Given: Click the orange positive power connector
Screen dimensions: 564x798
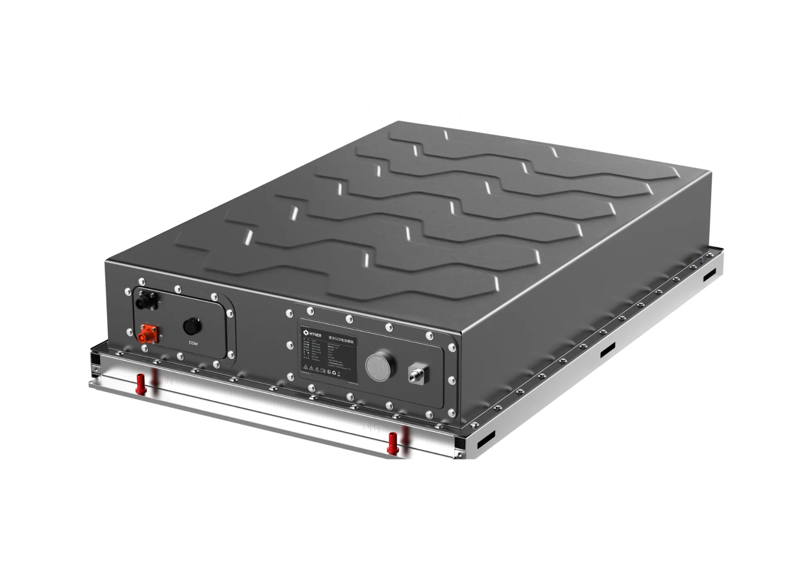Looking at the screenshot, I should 148,334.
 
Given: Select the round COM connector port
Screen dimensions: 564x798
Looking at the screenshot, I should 192,327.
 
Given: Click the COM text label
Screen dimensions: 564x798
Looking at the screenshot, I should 193,343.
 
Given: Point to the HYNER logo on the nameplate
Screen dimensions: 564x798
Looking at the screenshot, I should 313,334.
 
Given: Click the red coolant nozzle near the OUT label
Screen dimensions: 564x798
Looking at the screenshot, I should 392,443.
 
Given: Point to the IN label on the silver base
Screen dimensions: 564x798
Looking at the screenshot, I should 169,381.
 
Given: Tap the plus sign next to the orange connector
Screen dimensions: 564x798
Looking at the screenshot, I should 161,335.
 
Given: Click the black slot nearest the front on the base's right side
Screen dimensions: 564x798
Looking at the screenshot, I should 486,440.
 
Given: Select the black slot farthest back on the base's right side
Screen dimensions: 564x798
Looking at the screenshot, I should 709,274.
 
